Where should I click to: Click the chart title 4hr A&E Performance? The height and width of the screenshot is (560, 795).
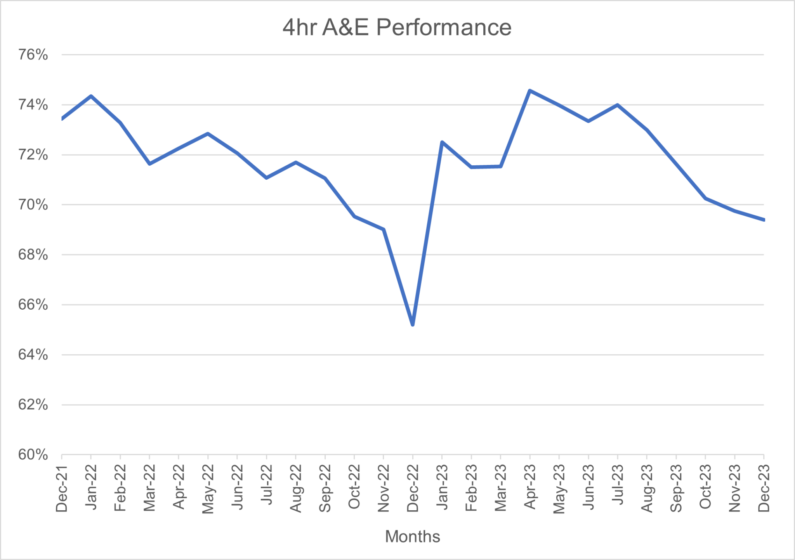[397, 28]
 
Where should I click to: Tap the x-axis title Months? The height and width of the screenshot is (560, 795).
[412, 536]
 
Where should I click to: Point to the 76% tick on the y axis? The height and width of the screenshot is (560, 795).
[33, 55]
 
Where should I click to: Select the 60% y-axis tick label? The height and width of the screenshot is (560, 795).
[33, 454]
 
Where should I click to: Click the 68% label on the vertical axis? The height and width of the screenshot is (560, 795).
[33, 255]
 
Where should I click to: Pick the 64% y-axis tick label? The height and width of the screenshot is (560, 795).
[33, 355]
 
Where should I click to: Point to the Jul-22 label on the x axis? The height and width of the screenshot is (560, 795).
[266, 485]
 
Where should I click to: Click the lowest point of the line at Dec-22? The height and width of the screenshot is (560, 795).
[413, 325]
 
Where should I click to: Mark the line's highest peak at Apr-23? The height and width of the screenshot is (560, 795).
[530, 90]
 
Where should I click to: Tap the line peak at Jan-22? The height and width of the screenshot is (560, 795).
[91, 96]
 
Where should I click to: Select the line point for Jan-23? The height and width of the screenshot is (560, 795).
[442, 142]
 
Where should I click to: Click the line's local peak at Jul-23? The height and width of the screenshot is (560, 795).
[617, 105]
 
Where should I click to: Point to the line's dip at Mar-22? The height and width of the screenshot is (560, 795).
[149, 164]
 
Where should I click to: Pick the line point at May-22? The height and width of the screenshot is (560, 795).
[208, 134]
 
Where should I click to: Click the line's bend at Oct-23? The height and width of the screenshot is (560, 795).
[705, 198]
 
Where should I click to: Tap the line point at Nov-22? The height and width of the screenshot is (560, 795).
[384, 229]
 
